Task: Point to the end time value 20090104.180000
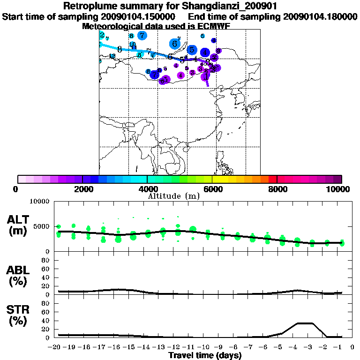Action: point(320,17)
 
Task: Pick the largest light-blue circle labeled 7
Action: point(142,35)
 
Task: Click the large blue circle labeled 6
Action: point(175,44)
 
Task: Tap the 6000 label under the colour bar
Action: point(212,189)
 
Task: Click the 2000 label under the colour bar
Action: point(82,189)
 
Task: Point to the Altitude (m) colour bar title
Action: point(173,195)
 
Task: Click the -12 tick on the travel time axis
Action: point(177,347)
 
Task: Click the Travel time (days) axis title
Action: point(205,356)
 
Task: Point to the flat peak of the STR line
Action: point(305,323)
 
